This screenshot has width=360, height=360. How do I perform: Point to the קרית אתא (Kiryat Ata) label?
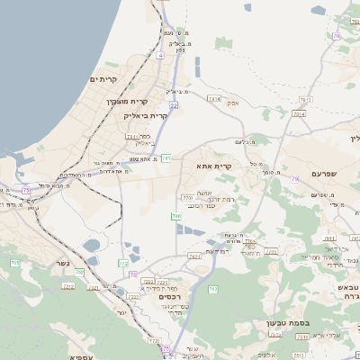[214, 166]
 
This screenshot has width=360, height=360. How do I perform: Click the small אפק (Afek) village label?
[234, 103]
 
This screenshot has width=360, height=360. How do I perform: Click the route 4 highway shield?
[160, 55]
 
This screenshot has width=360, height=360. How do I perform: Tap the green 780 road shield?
[176, 216]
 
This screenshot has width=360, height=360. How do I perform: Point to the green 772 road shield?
[123, 262]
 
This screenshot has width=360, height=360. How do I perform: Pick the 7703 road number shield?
[187, 196]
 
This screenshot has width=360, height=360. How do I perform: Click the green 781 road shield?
[166, 158]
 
